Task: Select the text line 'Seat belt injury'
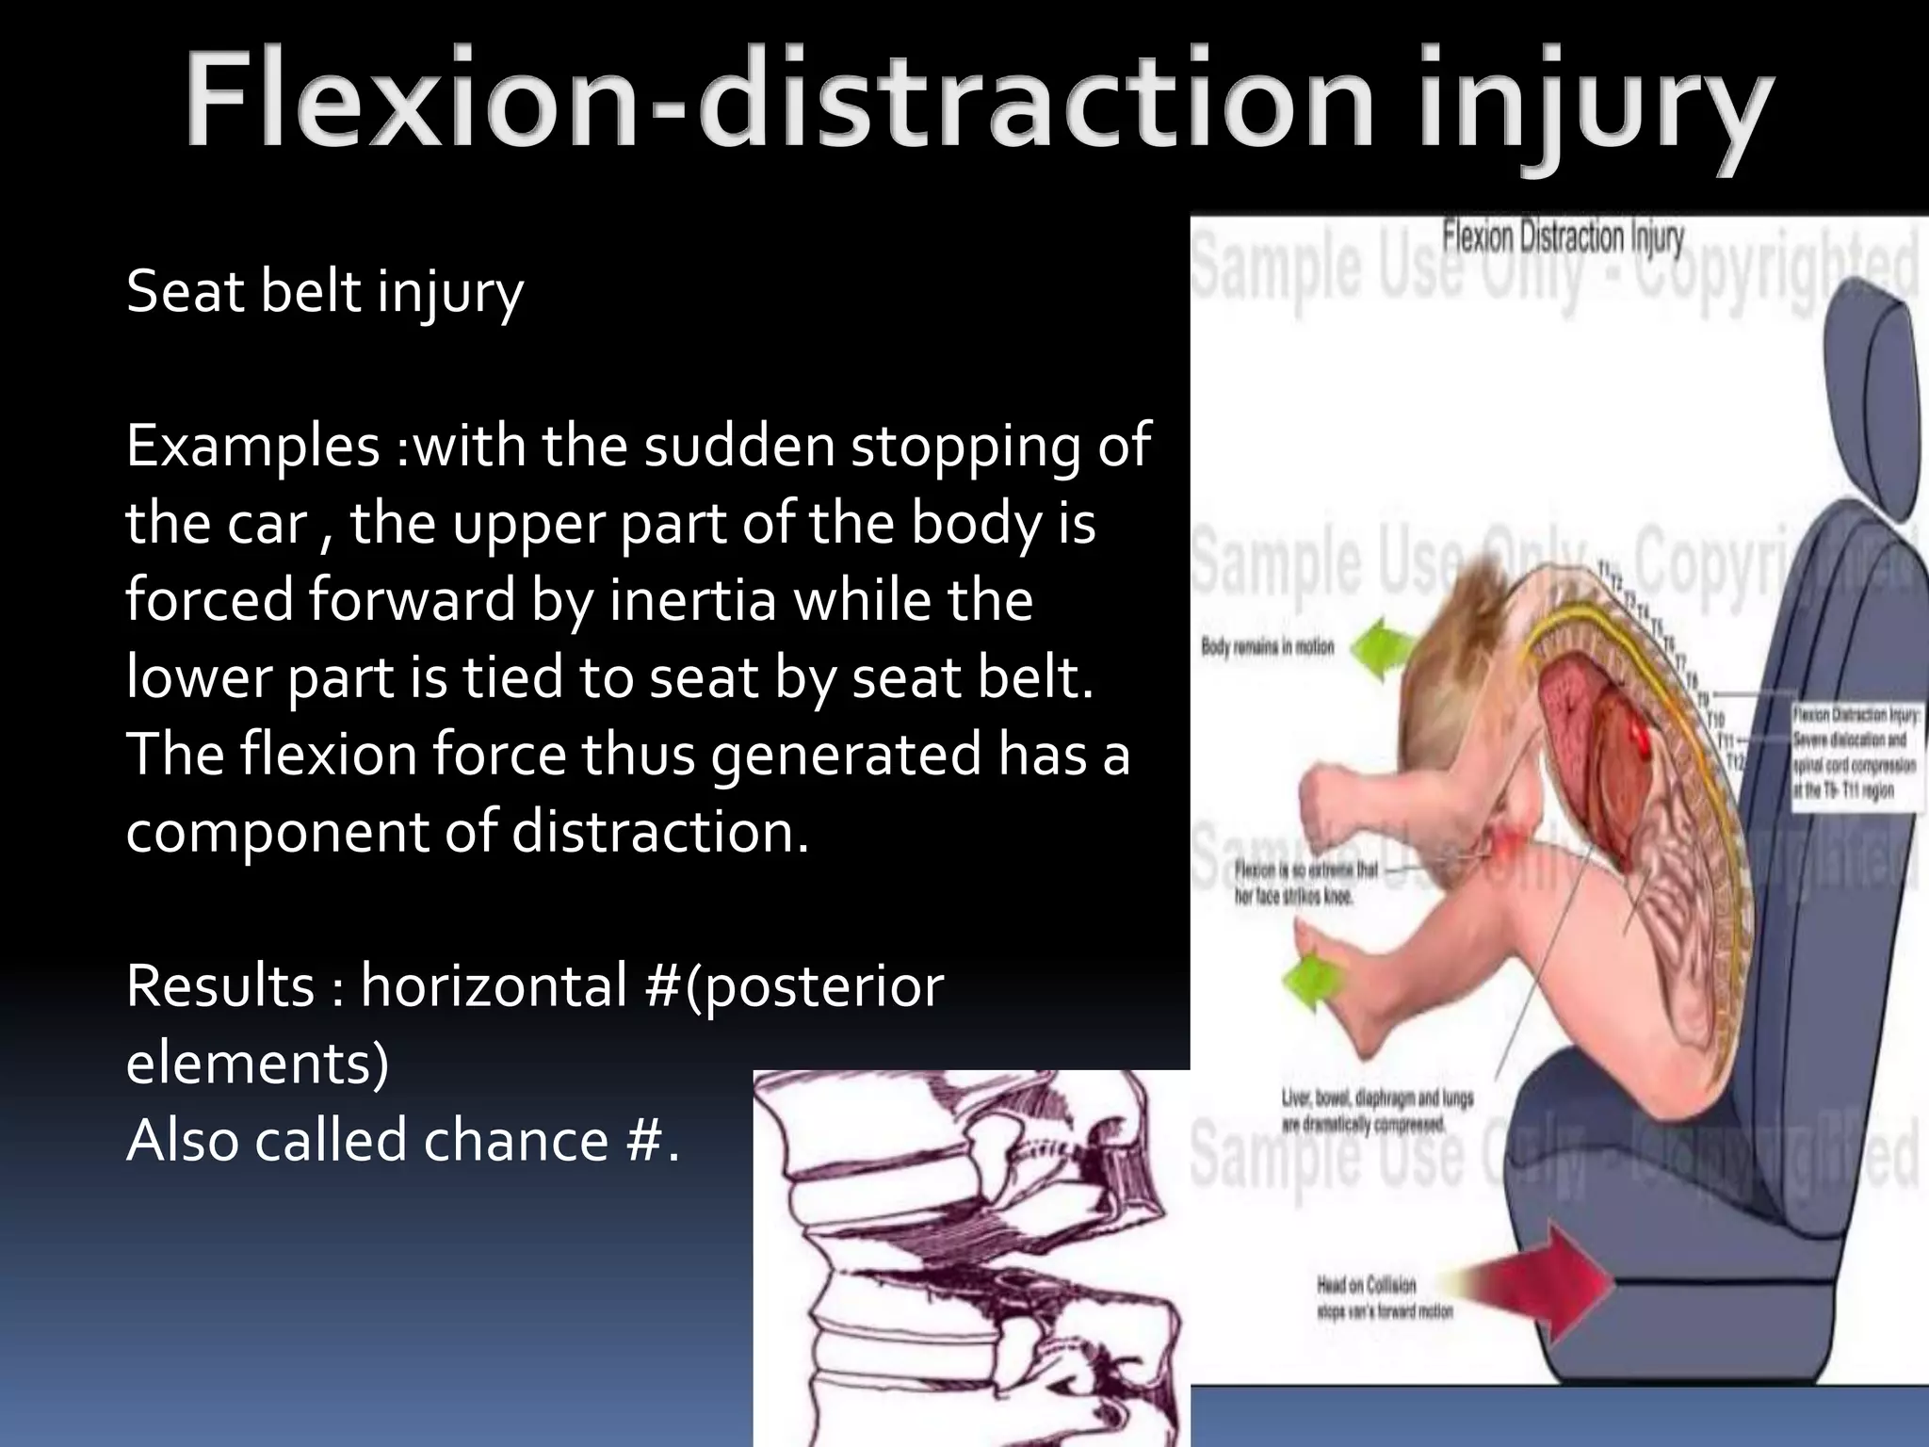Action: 324,292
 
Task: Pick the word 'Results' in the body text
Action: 220,986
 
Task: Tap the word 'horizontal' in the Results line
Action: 494,986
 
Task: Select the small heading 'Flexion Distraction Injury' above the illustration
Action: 1563,237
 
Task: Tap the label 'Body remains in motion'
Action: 1267,647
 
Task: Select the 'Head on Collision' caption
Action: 1384,1297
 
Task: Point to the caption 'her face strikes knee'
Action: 1305,883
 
